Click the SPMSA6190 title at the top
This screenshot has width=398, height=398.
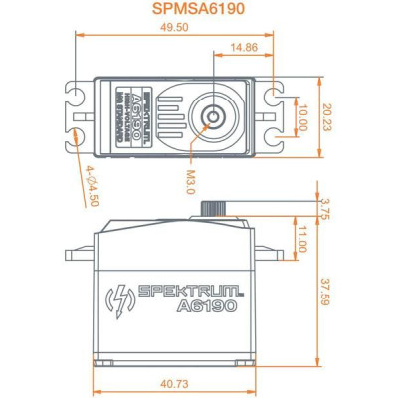coord(198,10)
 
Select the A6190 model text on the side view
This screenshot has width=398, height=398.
coord(204,306)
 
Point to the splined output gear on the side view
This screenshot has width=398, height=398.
coord(213,208)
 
